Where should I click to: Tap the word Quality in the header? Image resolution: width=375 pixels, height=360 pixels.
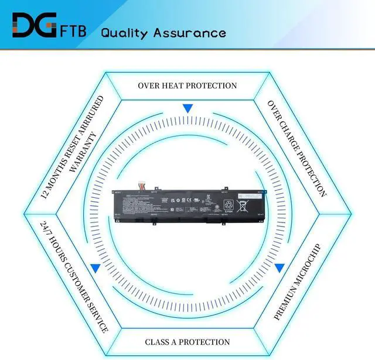(125, 32)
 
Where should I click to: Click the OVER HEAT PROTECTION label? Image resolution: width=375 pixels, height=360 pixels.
(187, 85)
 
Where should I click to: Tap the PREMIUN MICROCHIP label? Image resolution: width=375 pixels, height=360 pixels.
(297, 282)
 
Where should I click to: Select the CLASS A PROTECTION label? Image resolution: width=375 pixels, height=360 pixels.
(187, 342)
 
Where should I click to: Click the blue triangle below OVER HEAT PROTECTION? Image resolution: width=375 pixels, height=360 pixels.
(187, 109)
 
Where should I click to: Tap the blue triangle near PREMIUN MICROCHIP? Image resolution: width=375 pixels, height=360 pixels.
(279, 268)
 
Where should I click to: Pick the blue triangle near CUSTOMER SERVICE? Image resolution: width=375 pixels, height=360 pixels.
(95, 268)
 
